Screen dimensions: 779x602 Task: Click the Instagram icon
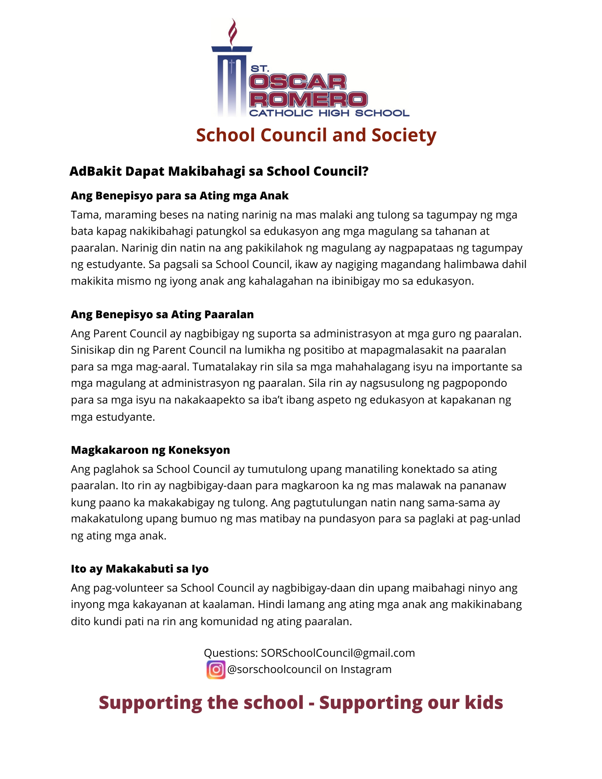point(215,670)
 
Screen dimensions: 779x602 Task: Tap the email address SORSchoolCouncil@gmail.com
point(338,653)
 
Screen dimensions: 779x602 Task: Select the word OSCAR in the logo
point(298,82)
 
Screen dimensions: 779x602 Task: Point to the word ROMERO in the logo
point(308,99)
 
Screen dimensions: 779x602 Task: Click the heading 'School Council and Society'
point(316,135)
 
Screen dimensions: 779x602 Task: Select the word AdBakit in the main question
point(95,171)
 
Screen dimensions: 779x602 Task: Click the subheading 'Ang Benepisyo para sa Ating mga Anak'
point(180,196)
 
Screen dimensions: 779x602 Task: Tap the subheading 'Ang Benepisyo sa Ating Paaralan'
point(162,314)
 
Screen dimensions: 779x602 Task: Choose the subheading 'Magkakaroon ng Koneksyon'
point(150,450)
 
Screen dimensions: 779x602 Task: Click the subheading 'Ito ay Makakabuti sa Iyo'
point(139,569)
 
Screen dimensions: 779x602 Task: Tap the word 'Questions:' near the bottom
point(231,653)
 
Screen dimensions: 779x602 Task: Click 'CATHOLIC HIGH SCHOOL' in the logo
point(329,113)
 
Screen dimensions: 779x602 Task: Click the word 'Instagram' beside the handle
point(366,669)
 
